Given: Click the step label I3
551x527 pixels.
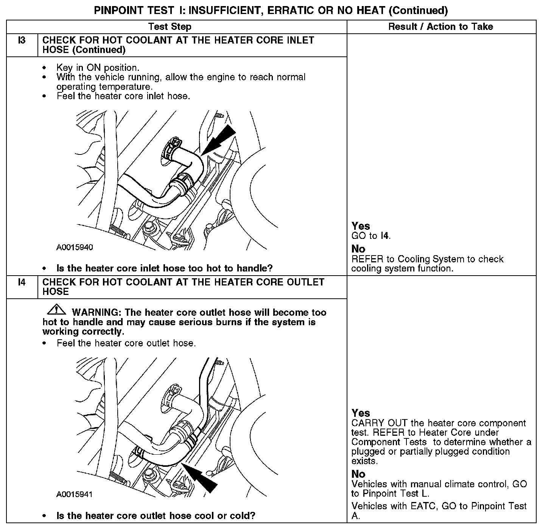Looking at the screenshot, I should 22,40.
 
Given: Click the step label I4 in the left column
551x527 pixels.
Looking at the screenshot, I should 22,282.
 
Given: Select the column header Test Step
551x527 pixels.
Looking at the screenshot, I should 170,27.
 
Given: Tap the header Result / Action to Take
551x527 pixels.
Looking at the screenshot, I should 440,27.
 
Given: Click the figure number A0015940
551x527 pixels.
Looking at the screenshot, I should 75,248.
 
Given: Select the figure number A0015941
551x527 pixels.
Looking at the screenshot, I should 75,494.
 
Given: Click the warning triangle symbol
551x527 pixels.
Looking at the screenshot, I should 56,310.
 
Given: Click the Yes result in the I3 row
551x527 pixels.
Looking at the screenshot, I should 361,226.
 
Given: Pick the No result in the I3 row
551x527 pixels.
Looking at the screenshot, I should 358,249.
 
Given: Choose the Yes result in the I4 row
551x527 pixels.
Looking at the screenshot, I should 361,413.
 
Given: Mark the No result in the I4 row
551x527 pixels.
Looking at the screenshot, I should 358,474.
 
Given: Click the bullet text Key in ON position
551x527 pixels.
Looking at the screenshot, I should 98,68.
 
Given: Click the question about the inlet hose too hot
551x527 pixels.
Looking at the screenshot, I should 164,268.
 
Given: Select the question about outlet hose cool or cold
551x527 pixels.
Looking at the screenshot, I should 156,516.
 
